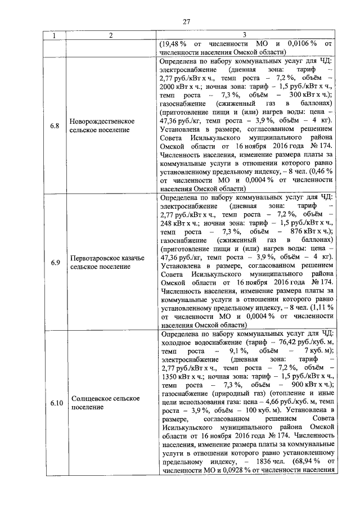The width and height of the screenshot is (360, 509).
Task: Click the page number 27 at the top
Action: (186, 22)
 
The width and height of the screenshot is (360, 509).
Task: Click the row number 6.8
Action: (55, 125)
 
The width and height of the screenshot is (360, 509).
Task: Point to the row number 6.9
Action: (55, 262)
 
